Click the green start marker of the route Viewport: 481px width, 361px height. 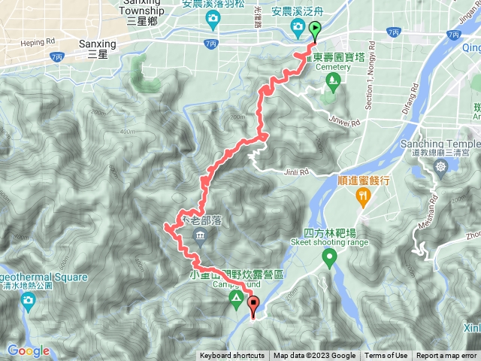314,31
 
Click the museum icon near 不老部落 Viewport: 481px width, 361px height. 201,238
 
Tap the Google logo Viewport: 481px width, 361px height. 28,350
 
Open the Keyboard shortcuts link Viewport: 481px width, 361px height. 231,356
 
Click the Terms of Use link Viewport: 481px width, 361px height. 386,356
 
